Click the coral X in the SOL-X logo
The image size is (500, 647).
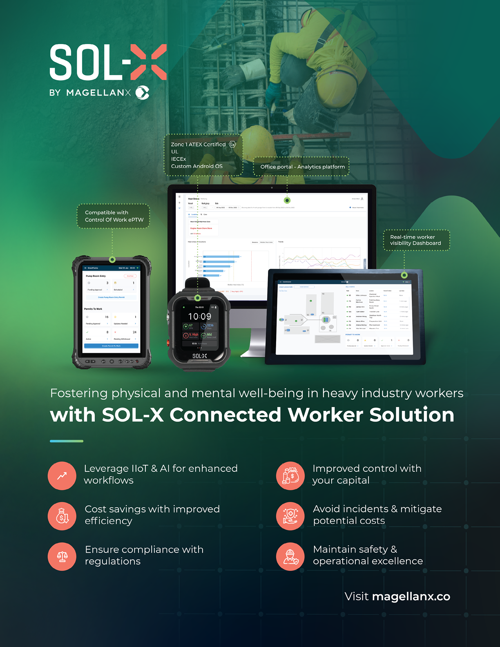click(x=149, y=62)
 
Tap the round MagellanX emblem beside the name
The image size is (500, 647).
click(x=142, y=93)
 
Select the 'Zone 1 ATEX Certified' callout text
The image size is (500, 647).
click(x=198, y=145)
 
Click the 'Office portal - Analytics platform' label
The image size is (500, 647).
click(x=302, y=167)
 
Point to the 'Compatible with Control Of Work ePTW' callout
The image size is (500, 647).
click(x=114, y=216)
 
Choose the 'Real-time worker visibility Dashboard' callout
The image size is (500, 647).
click(x=415, y=240)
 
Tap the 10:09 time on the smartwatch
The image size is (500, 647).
click(x=200, y=317)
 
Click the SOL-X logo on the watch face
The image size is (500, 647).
click(x=199, y=356)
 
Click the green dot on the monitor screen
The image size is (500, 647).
click(x=287, y=201)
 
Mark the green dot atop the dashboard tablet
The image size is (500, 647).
click(x=404, y=275)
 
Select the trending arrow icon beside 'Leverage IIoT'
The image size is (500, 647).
click(x=62, y=476)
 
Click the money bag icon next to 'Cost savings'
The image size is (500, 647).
click(x=62, y=516)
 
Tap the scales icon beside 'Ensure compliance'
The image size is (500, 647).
click(x=62, y=557)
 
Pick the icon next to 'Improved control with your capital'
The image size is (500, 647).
click(x=290, y=476)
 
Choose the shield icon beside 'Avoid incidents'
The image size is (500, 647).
click(x=290, y=516)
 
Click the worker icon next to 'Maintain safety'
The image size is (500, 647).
click(x=290, y=557)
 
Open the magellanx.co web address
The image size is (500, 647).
click(x=411, y=596)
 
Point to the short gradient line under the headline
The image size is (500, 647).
click(x=67, y=441)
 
